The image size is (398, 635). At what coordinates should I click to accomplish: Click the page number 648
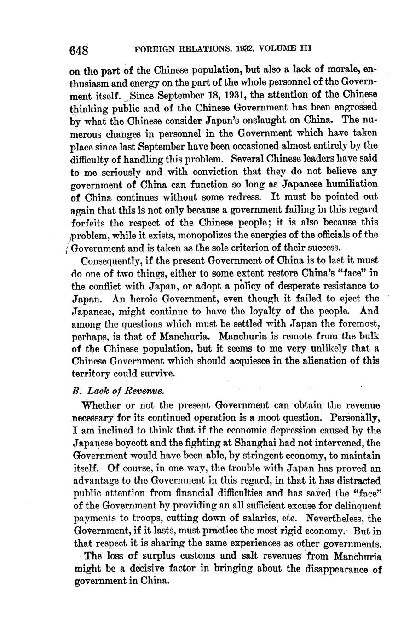point(79,50)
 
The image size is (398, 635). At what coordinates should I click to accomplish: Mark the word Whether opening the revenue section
point(99,405)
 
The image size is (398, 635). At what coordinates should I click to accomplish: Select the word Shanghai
point(246,443)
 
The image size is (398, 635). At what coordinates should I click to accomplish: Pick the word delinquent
point(356,506)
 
